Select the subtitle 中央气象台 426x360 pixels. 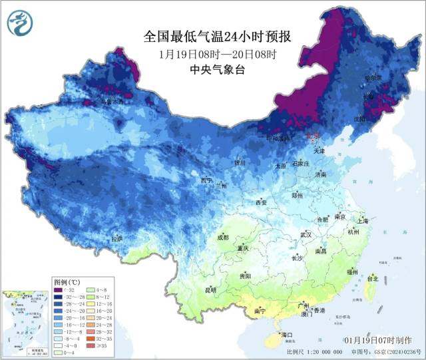pyautogui.click(x=218, y=70)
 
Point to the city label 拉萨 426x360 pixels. pyautogui.click(x=117, y=238)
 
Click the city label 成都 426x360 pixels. pyautogui.click(x=222, y=237)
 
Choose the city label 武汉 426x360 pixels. pyautogui.click(x=306, y=235)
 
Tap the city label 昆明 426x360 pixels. pyautogui.click(x=210, y=290)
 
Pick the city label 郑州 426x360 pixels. pyautogui.click(x=297, y=196)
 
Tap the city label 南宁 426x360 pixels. pyautogui.click(x=260, y=311)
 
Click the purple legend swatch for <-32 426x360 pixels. pyautogui.click(x=59, y=289)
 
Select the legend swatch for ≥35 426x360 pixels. pyautogui.click(x=91, y=345)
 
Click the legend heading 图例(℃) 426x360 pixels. pyautogui.click(x=68, y=281)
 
